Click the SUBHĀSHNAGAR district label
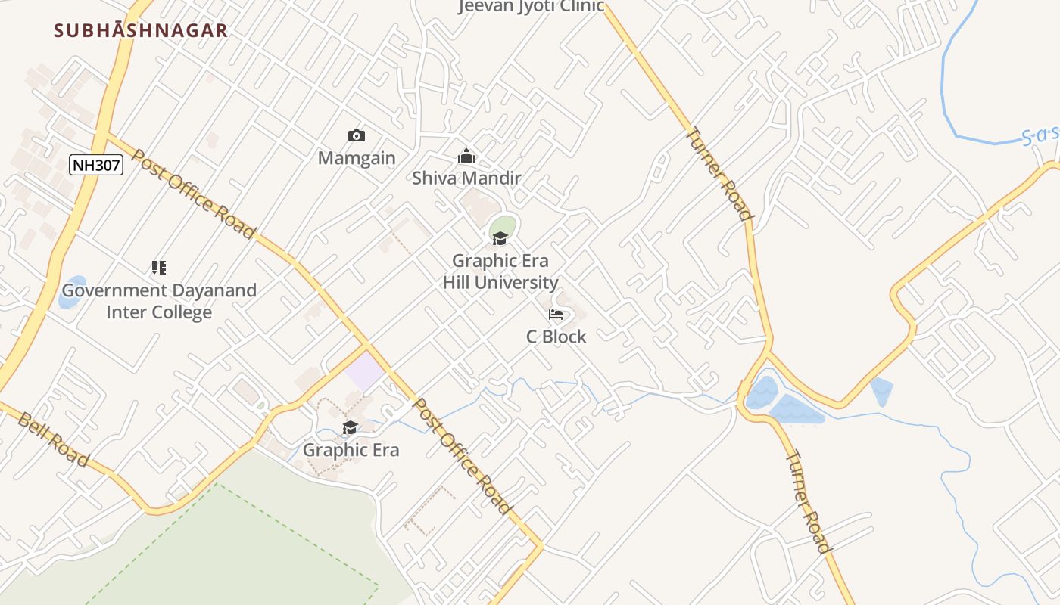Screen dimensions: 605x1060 point(141,31)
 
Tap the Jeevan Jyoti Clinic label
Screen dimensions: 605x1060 point(532,7)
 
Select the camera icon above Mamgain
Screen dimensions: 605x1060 point(356,136)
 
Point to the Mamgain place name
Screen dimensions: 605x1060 point(356,158)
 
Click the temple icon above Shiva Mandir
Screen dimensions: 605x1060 point(466,157)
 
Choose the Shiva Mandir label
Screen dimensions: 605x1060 point(466,178)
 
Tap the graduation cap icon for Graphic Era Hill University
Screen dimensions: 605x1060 point(500,239)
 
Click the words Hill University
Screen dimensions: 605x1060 point(500,283)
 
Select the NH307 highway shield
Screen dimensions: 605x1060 point(96,165)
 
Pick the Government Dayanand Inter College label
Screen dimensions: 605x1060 point(159,301)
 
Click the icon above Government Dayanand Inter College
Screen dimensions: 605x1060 point(158,267)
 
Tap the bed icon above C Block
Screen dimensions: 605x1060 point(556,315)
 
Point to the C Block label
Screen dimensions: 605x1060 point(556,337)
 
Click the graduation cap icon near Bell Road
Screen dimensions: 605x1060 point(350,428)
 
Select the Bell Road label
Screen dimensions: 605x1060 point(53,439)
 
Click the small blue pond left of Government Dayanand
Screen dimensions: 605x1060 point(72,292)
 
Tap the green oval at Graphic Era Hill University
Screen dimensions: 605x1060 point(503,225)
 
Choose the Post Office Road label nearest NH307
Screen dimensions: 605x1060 point(193,194)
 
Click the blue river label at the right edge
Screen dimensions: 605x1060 point(1039,137)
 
